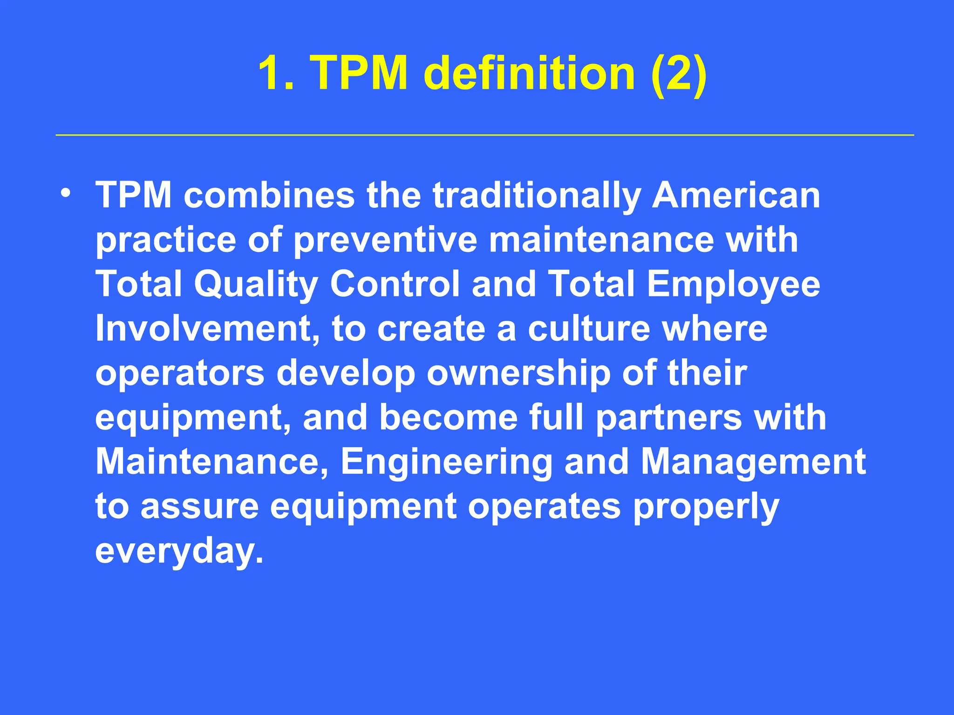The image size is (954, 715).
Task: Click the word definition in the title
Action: pyautogui.click(x=530, y=74)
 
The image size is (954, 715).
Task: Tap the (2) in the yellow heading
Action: pyautogui.click(x=679, y=74)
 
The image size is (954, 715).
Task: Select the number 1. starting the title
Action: pyautogui.click(x=276, y=74)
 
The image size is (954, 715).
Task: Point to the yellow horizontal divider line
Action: pyautogui.click(x=484, y=135)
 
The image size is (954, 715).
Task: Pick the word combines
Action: pyautogui.click(x=269, y=195)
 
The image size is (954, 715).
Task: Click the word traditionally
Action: pyautogui.click(x=536, y=196)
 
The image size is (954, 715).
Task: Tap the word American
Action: pyautogui.click(x=736, y=195)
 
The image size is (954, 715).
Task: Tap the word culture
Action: pyautogui.click(x=589, y=329)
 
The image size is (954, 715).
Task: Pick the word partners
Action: pyautogui.click(x=669, y=418)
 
